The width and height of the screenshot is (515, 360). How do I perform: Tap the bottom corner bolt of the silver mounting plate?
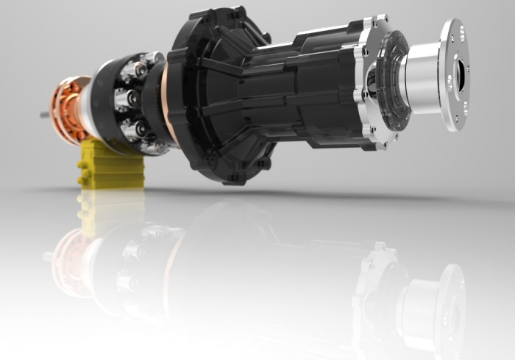380,145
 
